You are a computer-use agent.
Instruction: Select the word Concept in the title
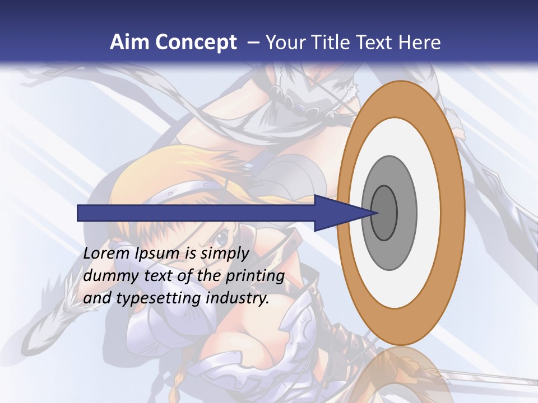(x=196, y=43)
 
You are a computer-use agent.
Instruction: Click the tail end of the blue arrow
(x=79, y=213)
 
